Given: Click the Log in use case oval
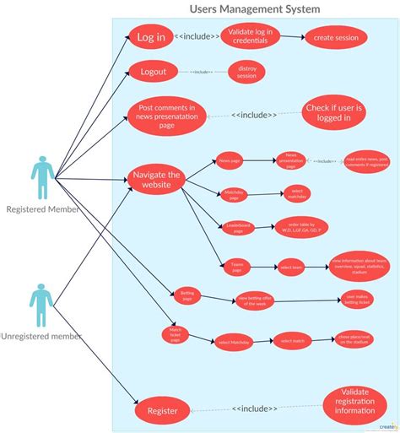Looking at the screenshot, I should [150, 38].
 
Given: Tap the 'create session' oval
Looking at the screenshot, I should [335, 37].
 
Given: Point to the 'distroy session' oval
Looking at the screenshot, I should [246, 72].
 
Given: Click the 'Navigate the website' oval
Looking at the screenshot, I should [157, 179].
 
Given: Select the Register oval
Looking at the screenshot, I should [162, 411].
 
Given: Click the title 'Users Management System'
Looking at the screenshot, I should [254, 9].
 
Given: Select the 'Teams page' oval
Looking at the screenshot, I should [236, 267].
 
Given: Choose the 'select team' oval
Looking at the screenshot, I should [291, 267].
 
